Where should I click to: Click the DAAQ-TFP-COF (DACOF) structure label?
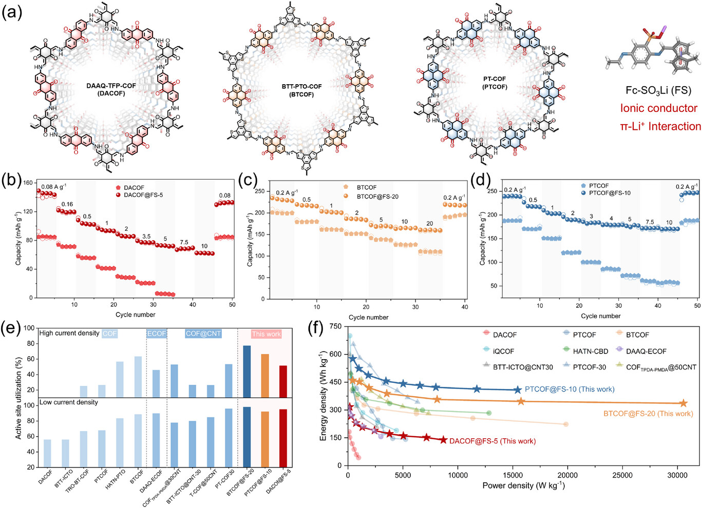click(x=111, y=89)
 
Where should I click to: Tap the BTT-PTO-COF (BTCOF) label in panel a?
click(x=301, y=90)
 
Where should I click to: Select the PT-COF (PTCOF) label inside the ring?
click(x=495, y=83)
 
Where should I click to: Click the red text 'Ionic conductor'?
click(x=658, y=108)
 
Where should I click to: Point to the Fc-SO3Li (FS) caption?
click(x=658, y=90)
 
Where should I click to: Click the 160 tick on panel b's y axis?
click(x=28, y=183)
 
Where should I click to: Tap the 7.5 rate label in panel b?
click(x=184, y=242)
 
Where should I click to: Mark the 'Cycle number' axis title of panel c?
click(x=368, y=317)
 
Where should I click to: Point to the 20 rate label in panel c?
click(x=429, y=224)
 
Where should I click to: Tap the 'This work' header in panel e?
click(x=266, y=334)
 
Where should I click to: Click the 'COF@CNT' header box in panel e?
click(x=203, y=334)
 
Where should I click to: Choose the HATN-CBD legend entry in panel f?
click(x=590, y=351)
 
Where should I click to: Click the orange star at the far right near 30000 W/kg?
click(x=684, y=404)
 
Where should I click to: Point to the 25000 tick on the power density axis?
click(x=622, y=475)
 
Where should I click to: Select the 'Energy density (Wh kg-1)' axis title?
click(x=324, y=395)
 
